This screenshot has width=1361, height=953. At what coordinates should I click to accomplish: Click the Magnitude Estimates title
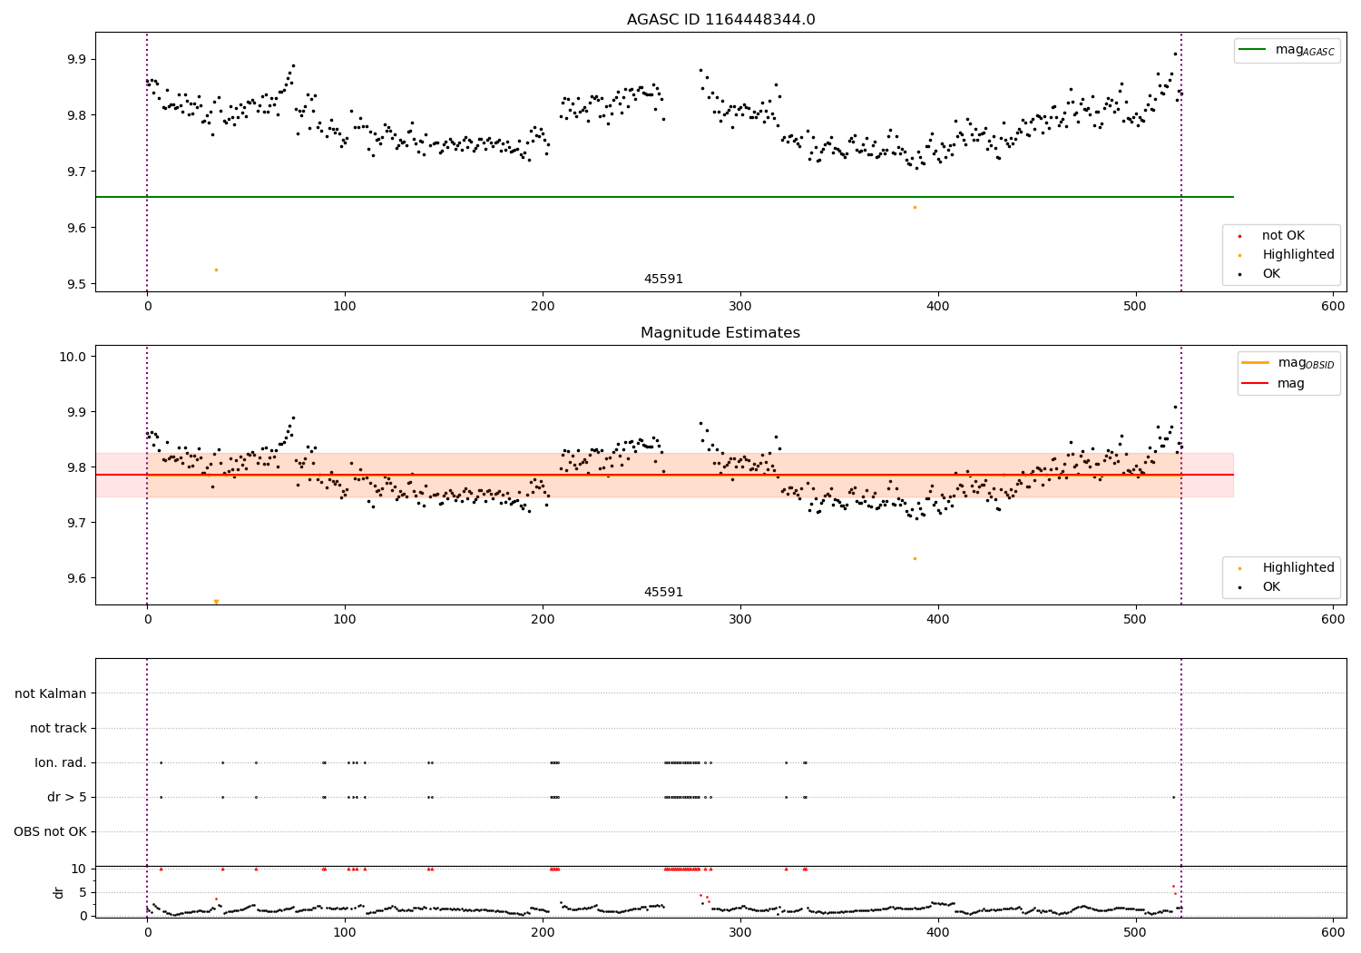tap(720, 333)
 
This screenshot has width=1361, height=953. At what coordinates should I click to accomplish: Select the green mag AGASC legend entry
tap(1287, 51)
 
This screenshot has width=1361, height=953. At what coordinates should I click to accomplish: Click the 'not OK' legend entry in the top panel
tap(1282, 236)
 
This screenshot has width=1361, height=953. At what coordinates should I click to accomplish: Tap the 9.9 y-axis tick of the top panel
tap(75, 59)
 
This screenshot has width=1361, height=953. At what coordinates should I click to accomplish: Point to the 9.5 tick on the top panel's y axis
tap(75, 284)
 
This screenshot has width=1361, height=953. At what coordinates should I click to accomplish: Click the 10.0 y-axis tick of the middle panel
tap(73, 357)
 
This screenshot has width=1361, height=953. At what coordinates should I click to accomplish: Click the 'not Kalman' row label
tap(51, 694)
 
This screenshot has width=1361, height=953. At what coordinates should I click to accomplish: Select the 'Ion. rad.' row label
tap(61, 763)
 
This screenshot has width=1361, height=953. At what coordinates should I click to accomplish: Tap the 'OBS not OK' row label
tap(51, 832)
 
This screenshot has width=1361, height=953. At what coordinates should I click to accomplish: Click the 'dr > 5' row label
tap(67, 798)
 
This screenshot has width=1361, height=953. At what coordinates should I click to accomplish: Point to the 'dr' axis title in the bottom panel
tap(59, 892)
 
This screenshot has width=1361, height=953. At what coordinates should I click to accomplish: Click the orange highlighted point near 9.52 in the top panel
tap(216, 270)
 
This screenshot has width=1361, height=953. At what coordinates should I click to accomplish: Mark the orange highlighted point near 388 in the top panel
tap(915, 207)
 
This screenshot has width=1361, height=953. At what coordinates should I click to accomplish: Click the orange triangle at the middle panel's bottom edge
tap(216, 602)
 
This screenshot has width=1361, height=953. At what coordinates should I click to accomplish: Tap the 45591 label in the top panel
tap(663, 280)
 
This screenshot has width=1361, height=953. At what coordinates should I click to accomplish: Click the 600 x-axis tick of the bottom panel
tap(1333, 933)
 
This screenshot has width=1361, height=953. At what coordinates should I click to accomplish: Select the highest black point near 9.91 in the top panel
tap(1175, 54)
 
